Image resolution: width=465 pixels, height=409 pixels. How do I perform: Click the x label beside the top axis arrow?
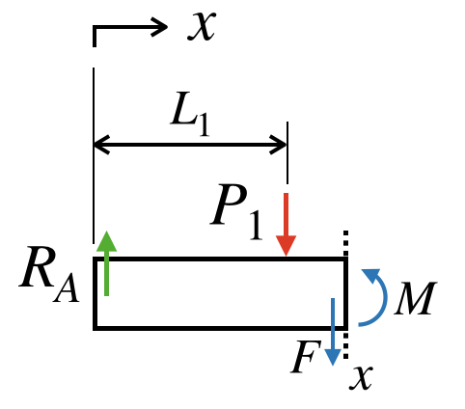tap(202, 26)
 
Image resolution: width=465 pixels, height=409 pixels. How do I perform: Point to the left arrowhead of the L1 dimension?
tap(101, 145)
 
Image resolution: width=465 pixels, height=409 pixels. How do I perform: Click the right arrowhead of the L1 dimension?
tap(278, 145)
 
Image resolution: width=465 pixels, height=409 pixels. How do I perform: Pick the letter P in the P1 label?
tap(229, 204)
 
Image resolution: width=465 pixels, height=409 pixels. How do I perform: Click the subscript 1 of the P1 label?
tap(256, 226)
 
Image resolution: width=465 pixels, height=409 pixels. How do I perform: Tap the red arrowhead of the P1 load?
tap(286, 246)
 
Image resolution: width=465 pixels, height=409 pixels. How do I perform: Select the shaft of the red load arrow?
tap(286, 214)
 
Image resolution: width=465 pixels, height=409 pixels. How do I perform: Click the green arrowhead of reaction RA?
tap(106, 241)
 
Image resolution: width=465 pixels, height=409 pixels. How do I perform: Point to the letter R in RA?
tap(37, 267)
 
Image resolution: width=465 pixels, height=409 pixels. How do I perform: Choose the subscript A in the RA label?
tap(67, 289)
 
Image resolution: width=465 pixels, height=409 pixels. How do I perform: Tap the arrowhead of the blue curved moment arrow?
tap(371, 276)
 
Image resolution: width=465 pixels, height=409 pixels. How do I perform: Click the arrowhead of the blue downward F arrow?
tap(333, 358)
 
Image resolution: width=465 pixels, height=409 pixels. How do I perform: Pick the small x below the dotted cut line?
tap(361, 378)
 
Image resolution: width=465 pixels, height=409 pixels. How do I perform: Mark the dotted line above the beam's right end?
tap(345, 243)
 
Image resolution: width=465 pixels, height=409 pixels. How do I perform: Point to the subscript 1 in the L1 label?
tap(204, 126)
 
